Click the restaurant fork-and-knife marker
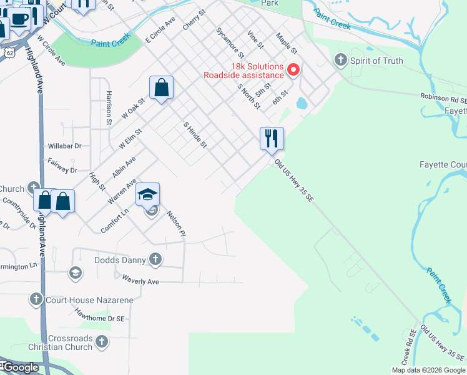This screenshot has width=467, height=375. tap(272, 138)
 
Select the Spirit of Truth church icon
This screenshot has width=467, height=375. tap(340, 61)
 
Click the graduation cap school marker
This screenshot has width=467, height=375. tap(147, 194)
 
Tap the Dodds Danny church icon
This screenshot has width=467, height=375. tap(155, 259)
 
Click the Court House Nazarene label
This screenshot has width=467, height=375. tap(89, 300)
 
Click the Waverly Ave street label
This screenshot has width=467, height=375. tap(140, 281)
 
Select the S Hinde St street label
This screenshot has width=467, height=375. tap(195, 134)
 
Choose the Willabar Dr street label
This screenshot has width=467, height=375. tap(65, 146)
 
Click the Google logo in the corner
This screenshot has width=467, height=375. tap(20, 367)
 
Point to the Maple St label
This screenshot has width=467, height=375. tap(287, 43)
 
